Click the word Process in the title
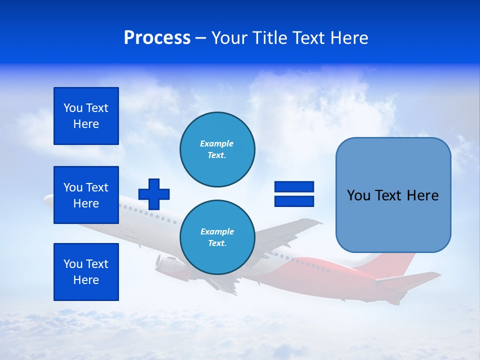point(157,38)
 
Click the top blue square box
point(86,116)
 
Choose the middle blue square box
point(86,195)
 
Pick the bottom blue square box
point(86,272)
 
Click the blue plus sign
point(154,194)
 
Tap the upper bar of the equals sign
point(294,186)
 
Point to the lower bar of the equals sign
point(294,201)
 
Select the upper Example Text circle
point(217,149)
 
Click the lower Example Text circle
point(217,237)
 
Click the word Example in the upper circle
point(217,143)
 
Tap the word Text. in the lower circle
point(217,243)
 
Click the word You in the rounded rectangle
point(358,195)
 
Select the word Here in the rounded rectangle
point(422,195)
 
